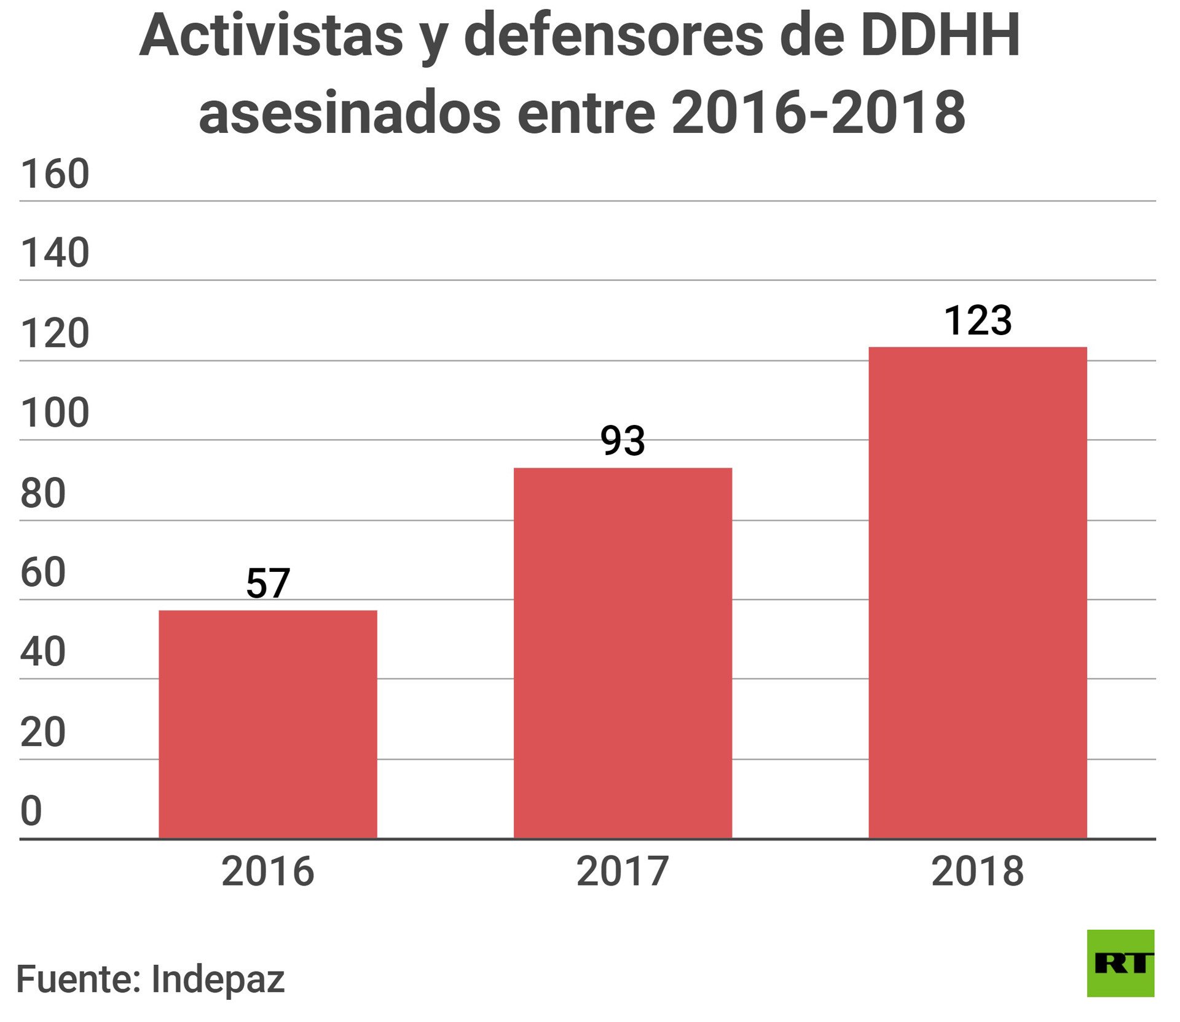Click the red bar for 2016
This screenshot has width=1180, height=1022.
[x=268, y=724]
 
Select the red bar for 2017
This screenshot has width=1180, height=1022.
[x=623, y=653]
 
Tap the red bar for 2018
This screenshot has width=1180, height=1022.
[x=977, y=592]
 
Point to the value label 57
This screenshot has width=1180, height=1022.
[x=268, y=583]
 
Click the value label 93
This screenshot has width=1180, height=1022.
[x=623, y=441]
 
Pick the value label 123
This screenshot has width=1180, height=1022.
[x=977, y=320]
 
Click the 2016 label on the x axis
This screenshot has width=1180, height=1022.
[x=268, y=871]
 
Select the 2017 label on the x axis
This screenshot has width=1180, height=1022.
[x=623, y=871]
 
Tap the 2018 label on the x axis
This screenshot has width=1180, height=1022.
[x=977, y=871]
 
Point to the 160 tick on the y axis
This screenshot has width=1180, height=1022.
[x=55, y=173]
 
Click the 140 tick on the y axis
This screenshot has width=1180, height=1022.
[x=55, y=253]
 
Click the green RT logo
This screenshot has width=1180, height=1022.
[x=1120, y=963]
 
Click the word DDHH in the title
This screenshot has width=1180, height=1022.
[x=940, y=36]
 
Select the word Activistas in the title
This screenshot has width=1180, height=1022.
[x=271, y=36]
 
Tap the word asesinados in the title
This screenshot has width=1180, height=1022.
[x=350, y=113]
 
